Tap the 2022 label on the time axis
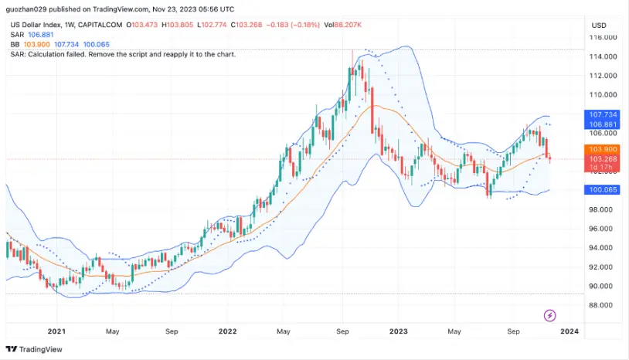(x=227, y=331)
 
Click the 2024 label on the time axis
(x=569, y=331)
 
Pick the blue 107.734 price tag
(x=603, y=114)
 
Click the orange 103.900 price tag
(x=603, y=149)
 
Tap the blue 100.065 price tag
(x=603, y=189)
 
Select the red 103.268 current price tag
(x=603, y=159)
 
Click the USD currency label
(x=599, y=25)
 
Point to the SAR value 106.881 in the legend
(x=40, y=35)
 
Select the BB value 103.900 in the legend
(x=36, y=45)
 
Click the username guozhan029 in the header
(x=28, y=9)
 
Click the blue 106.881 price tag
(x=603, y=124)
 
